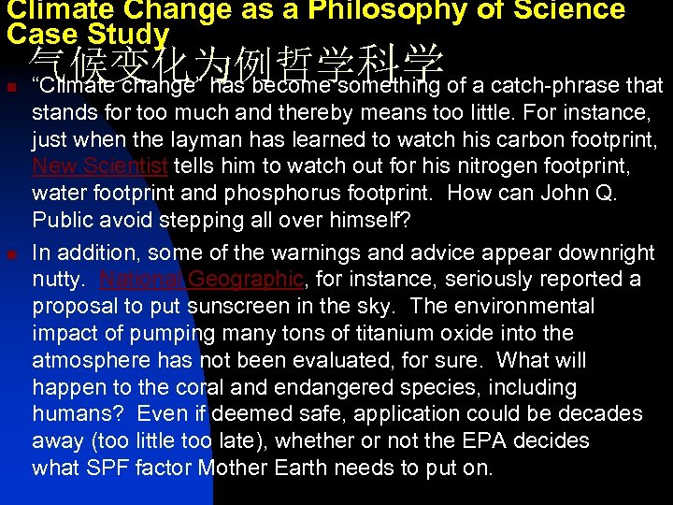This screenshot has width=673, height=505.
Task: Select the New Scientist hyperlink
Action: point(100,167)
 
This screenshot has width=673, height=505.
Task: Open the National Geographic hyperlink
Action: point(201,279)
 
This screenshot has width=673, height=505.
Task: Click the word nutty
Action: point(60,279)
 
